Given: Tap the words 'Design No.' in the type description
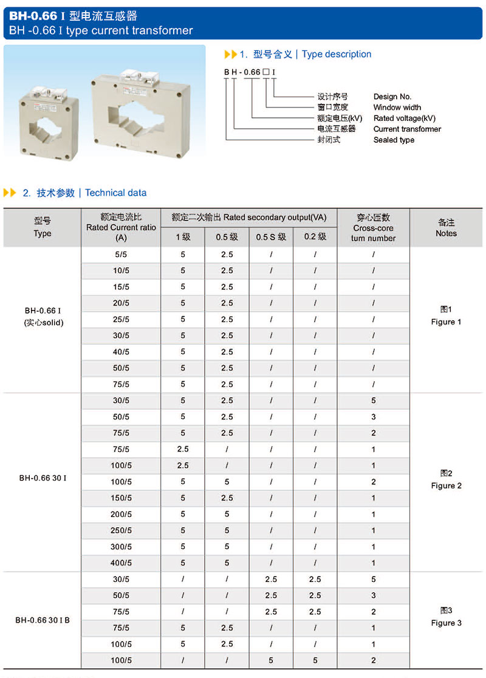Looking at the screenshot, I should pyautogui.click(x=392, y=97).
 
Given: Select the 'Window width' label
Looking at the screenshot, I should pyautogui.click(x=397, y=108).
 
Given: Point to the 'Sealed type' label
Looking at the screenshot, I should pyautogui.click(x=394, y=140).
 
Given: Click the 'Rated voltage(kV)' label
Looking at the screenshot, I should pyautogui.click(x=405, y=118).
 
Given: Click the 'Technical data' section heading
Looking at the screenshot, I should pyautogui.click(x=115, y=193).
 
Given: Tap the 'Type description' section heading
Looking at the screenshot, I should pyautogui.click(x=336, y=54).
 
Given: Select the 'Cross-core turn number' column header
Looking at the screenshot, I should pyautogui.click(x=373, y=228).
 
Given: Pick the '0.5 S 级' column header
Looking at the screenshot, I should pyautogui.click(x=271, y=237).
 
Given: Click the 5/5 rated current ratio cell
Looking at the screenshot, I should pyautogui.click(x=121, y=255).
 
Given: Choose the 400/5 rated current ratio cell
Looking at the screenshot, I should pyautogui.click(x=121, y=563).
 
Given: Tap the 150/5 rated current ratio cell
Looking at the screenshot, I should pyautogui.click(x=121, y=498).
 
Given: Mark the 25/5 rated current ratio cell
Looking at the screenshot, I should pyautogui.click(x=121, y=320).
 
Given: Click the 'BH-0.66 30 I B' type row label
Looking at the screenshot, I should pyautogui.click(x=43, y=620).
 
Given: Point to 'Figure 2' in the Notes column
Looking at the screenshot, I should pyautogui.click(x=446, y=485).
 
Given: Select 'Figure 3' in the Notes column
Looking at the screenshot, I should pyautogui.click(x=446, y=623).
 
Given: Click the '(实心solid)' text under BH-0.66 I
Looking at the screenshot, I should pyautogui.click(x=43, y=323).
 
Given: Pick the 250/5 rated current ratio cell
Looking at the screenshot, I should pyautogui.click(x=121, y=530).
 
